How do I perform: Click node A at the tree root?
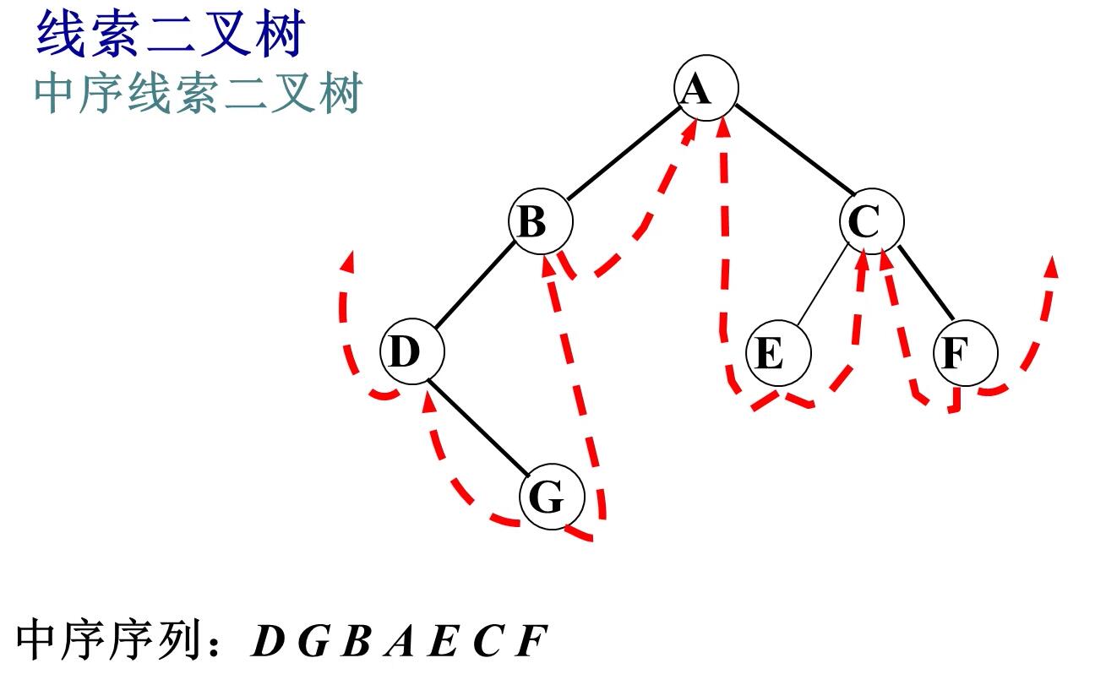point(706,87)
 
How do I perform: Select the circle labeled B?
point(540,223)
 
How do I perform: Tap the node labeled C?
point(871,222)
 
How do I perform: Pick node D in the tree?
point(411,351)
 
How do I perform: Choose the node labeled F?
point(965,352)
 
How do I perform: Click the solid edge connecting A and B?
point(623,155)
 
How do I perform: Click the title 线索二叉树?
point(168,35)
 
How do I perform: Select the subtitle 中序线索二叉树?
point(198,95)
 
